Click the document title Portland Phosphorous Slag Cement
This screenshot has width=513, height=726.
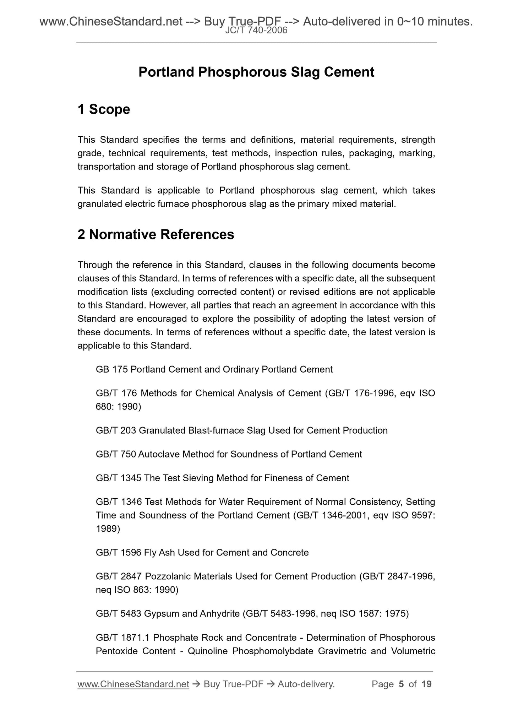click(256, 72)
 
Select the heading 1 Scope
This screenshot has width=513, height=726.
click(104, 109)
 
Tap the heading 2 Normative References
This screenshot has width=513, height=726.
click(156, 235)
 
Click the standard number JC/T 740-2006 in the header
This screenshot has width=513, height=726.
click(256, 31)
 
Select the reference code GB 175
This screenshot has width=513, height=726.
click(112, 370)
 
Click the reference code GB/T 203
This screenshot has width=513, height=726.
click(116, 431)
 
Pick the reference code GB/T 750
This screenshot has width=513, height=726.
click(116, 455)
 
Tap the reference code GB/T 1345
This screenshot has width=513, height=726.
click(119, 478)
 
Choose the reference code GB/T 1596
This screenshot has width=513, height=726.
click(119, 553)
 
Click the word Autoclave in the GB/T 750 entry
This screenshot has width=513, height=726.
click(159, 455)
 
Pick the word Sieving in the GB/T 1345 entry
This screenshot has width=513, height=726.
click(198, 478)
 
